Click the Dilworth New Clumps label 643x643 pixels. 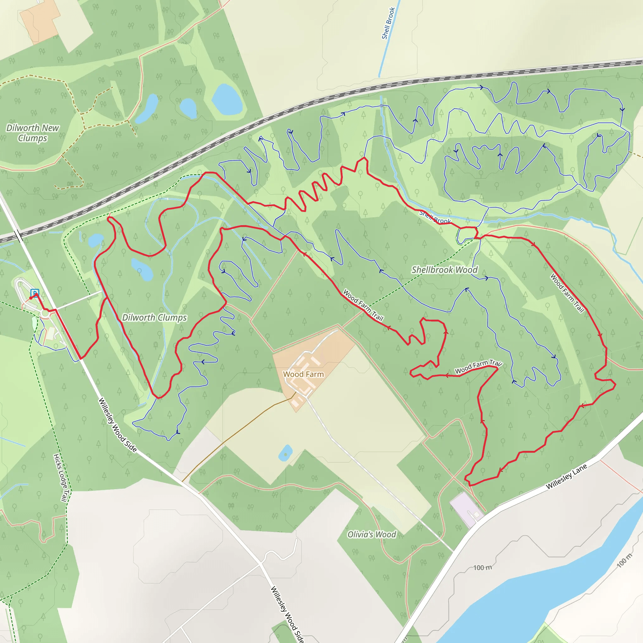(33, 133)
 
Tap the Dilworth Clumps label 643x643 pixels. (154, 317)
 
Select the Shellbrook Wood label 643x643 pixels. (444, 270)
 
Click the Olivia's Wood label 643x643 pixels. (371, 534)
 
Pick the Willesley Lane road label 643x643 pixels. (566, 477)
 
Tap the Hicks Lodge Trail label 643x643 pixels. (61, 478)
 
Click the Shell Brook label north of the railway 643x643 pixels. (388, 23)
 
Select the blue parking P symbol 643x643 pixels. (35, 293)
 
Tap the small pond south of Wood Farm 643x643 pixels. (285, 453)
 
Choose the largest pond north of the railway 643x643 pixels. (227, 100)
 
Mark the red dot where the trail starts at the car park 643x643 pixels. (31, 298)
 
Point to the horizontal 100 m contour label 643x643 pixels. (482, 567)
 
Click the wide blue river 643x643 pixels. (532, 592)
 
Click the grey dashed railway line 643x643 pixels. (333, 96)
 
